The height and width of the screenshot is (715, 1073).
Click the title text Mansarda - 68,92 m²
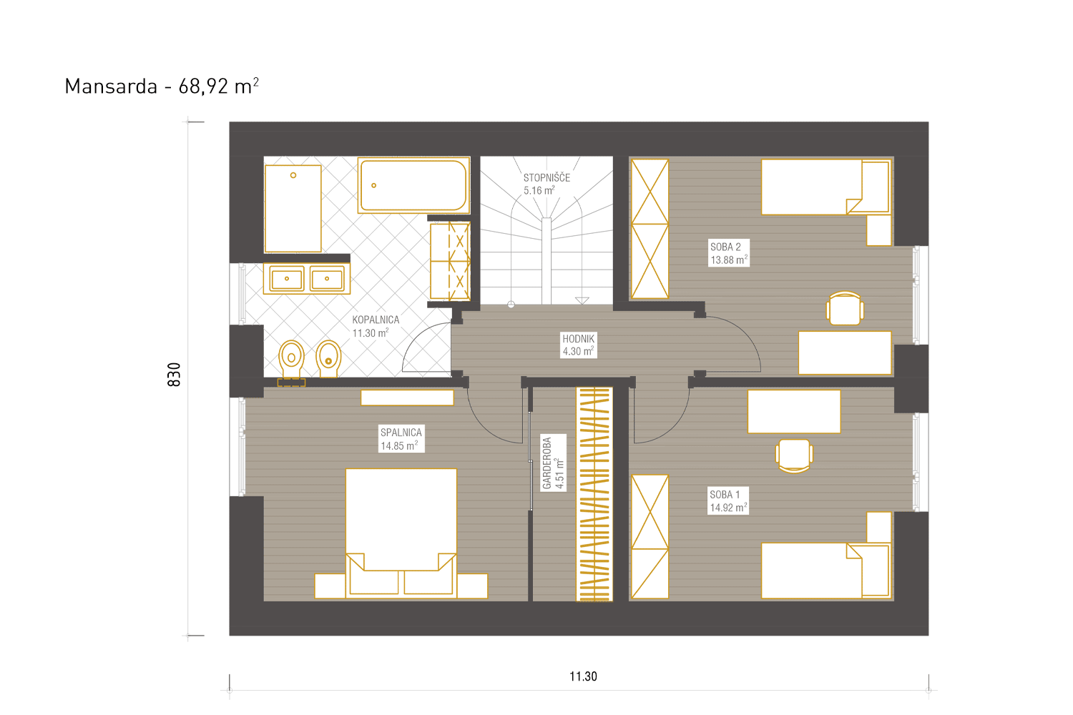[162, 87]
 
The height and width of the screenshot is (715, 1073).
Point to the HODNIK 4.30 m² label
[578, 345]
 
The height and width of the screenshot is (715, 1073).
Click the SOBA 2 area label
[729, 253]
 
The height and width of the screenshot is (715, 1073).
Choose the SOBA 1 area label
[728, 501]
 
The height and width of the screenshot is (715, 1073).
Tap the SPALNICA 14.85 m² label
[401, 439]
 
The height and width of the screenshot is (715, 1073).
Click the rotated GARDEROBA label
[553, 463]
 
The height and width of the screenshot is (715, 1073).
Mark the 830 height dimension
[174, 375]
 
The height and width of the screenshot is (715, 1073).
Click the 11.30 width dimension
[583, 676]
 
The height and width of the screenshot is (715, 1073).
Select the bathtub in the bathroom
[413, 185]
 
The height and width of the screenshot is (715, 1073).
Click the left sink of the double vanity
[286, 279]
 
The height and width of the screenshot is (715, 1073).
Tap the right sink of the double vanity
[327, 279]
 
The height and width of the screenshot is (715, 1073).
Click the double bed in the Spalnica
[401, 533]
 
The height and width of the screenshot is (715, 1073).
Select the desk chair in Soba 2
[845, 308]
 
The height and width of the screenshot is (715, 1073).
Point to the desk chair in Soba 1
[794, 456]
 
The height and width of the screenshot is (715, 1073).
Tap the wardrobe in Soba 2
[650, 229]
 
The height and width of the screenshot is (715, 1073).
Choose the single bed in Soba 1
[825, 571]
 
